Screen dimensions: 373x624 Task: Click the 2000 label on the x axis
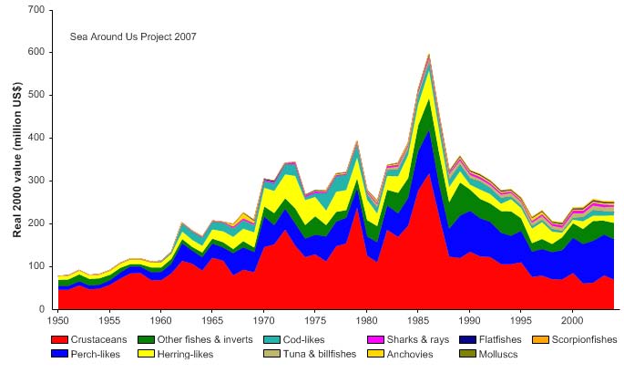pyautogui.click(x=572, y=321)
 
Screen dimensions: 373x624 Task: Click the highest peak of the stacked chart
pyautogui.click(x=428, y=54)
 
